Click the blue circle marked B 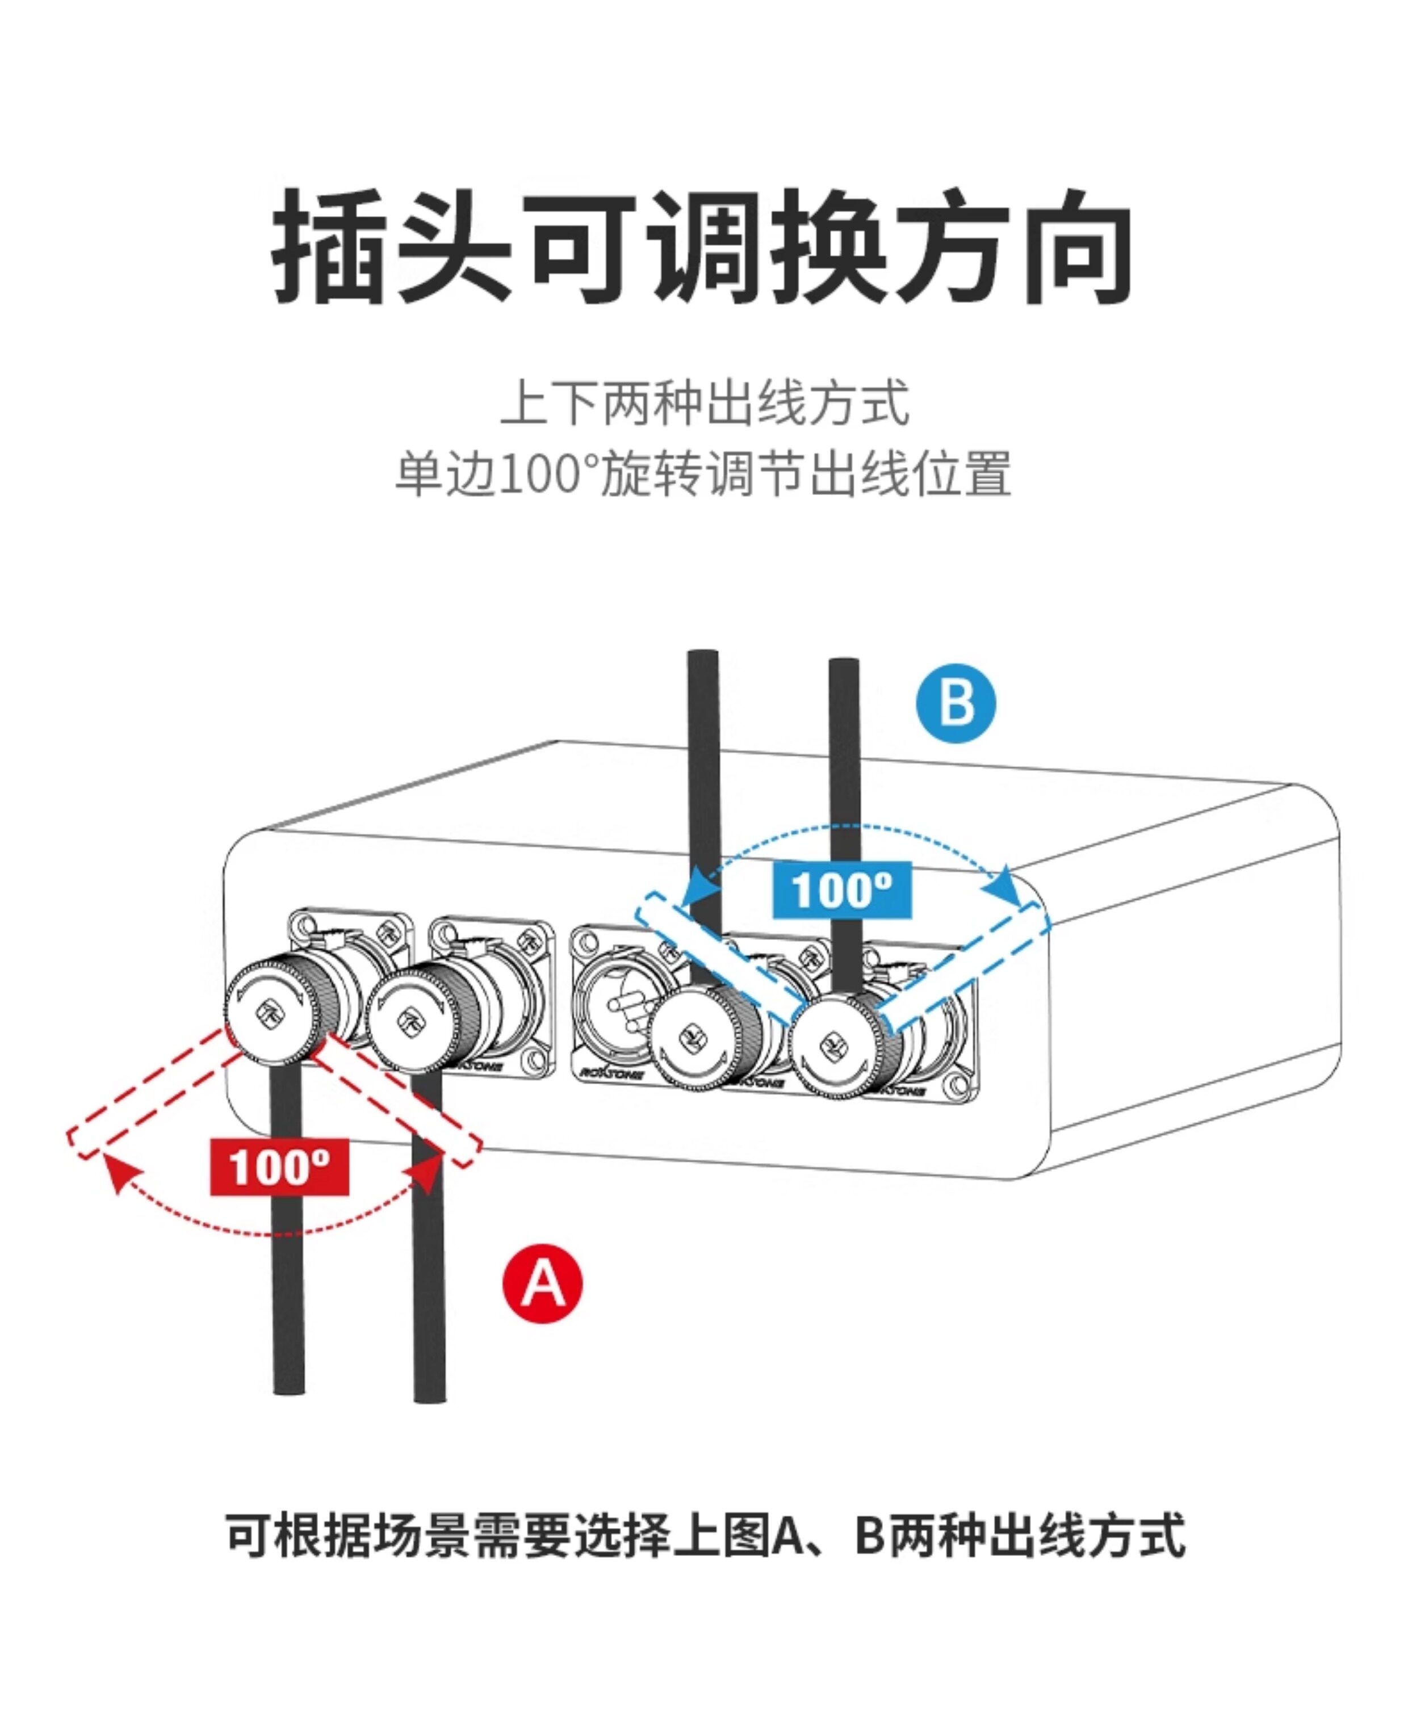tap(956, 702)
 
